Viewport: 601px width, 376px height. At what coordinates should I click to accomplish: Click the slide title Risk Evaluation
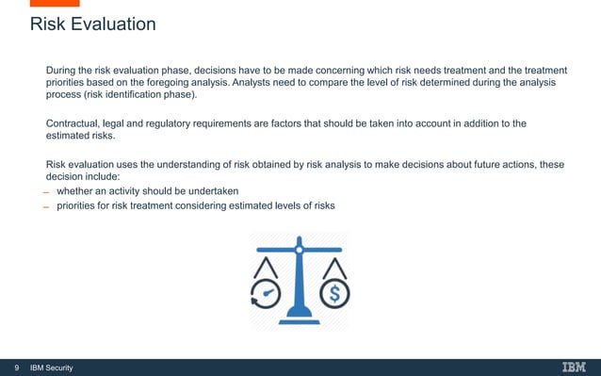click(x=92, y=25)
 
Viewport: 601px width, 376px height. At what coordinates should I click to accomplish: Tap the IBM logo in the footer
click(x=573, y=367)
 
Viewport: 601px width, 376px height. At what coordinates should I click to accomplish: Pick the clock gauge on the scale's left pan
click(x=267, y=294)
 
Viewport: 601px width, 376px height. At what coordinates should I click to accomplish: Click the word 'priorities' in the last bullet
click(x=79, y=206)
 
